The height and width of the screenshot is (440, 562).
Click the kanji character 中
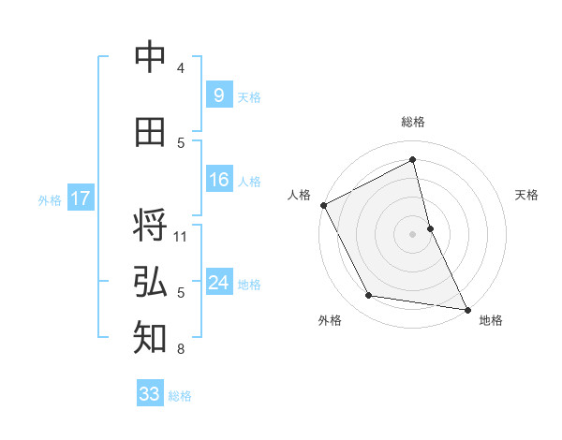pos(150,58)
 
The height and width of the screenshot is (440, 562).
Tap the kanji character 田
pos(150,133)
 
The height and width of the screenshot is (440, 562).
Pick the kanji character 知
pos(150,338)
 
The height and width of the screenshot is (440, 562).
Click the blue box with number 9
pos(218,95)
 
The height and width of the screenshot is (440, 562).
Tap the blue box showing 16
pos(218,180)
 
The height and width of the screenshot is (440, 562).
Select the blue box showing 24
pos(218,283)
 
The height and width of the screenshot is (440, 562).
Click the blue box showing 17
pos(80,198)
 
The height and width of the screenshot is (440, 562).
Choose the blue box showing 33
pos(149,394)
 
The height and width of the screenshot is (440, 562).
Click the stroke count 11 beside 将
pos(181,236)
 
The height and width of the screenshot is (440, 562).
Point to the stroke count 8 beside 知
pos(181,349)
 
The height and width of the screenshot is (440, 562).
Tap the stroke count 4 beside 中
pos(181,68)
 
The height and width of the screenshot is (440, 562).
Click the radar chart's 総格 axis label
pos(413,122)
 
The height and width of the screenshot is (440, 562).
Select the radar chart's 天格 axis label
pos(527,195)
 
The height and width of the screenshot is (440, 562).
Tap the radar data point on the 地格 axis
pos(467,308)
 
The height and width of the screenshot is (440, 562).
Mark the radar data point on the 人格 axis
pos(323,205)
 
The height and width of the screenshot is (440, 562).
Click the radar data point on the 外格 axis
pos(369,296)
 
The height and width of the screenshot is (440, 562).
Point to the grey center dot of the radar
pos(413,234)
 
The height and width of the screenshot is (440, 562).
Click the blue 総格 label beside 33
pos(180,396)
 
